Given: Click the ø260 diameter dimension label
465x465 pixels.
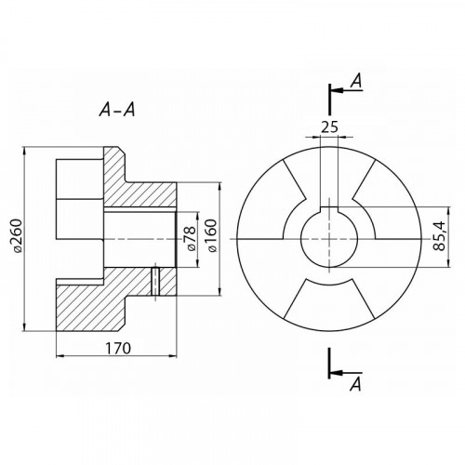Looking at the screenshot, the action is (16, 236).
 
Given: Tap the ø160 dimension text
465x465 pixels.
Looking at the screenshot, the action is (212, 236).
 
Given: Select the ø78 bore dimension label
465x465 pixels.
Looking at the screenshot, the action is (191, 238).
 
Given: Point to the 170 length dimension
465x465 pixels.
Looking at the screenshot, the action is (118, 348).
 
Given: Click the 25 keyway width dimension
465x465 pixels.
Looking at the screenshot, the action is (329, 126).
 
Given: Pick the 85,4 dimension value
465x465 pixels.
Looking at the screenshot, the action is (440, 236).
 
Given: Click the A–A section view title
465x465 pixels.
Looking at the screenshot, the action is (117, 110).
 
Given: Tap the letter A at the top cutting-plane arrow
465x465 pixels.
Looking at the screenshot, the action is (356, 81).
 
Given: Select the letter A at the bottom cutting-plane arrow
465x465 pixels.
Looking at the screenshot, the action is (355, 384).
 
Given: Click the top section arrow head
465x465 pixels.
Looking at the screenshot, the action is (338, 90).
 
